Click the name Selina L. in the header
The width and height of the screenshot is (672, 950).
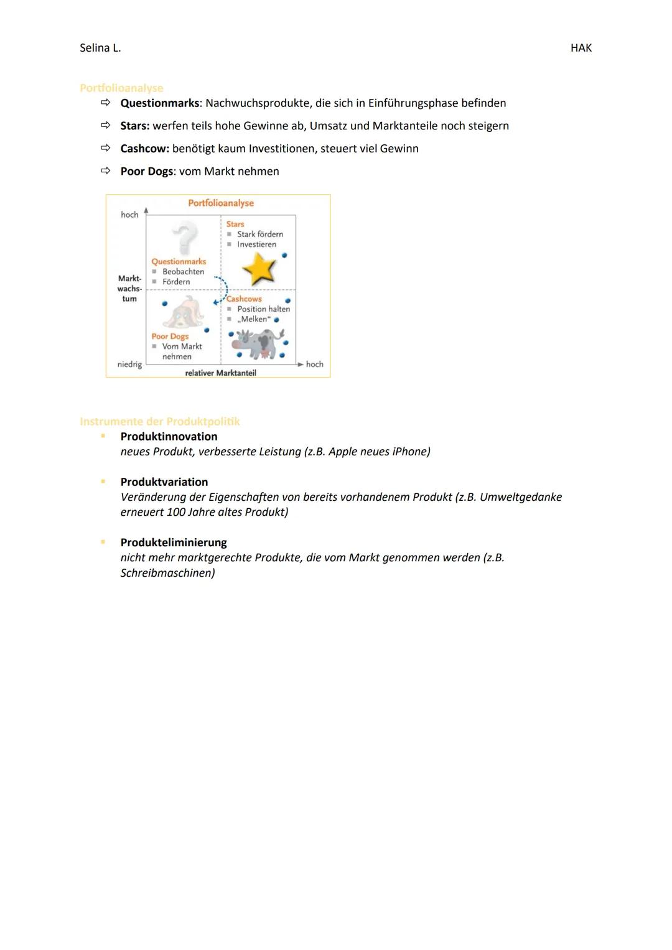(100, 48)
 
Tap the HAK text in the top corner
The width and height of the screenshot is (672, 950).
(581, 48)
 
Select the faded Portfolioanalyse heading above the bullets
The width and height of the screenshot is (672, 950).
(121, 88)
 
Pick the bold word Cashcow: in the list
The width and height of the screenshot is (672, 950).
(144, 149)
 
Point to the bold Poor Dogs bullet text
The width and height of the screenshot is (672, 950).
(147, 171)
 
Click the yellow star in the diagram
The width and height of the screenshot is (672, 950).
(259, 269)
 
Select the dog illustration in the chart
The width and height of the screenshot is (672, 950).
(184, 312)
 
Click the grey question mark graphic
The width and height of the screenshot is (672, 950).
(185, 238)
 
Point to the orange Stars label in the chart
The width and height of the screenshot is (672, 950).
(235, 224)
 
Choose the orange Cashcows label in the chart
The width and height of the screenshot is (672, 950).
(244, 299)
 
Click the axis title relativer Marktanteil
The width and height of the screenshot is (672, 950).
(220, 373)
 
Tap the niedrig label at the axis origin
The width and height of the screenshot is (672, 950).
(129, 364)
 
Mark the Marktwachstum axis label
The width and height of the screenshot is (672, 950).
(129, 289)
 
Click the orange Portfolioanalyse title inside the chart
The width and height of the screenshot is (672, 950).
(221, 203)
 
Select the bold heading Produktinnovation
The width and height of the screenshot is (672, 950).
(169, 437)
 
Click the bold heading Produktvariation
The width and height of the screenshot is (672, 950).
(164, 482)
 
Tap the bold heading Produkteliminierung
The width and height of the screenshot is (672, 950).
(174, 543)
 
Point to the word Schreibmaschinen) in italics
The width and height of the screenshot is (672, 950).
(167, 573)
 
